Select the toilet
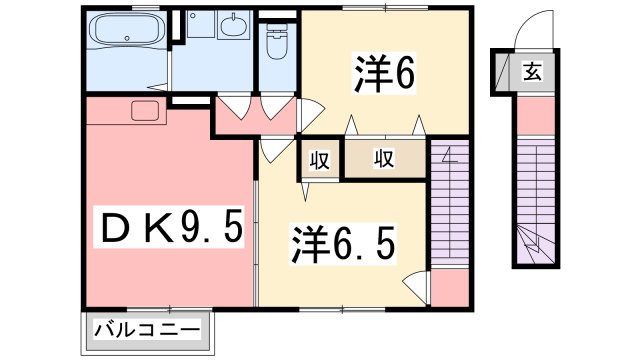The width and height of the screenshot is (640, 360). click(277, 42)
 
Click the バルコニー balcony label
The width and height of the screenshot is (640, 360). click(147, 329)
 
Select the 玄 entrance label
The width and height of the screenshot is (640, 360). click(530, 72)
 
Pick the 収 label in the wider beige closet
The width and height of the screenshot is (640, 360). click(384, 160)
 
